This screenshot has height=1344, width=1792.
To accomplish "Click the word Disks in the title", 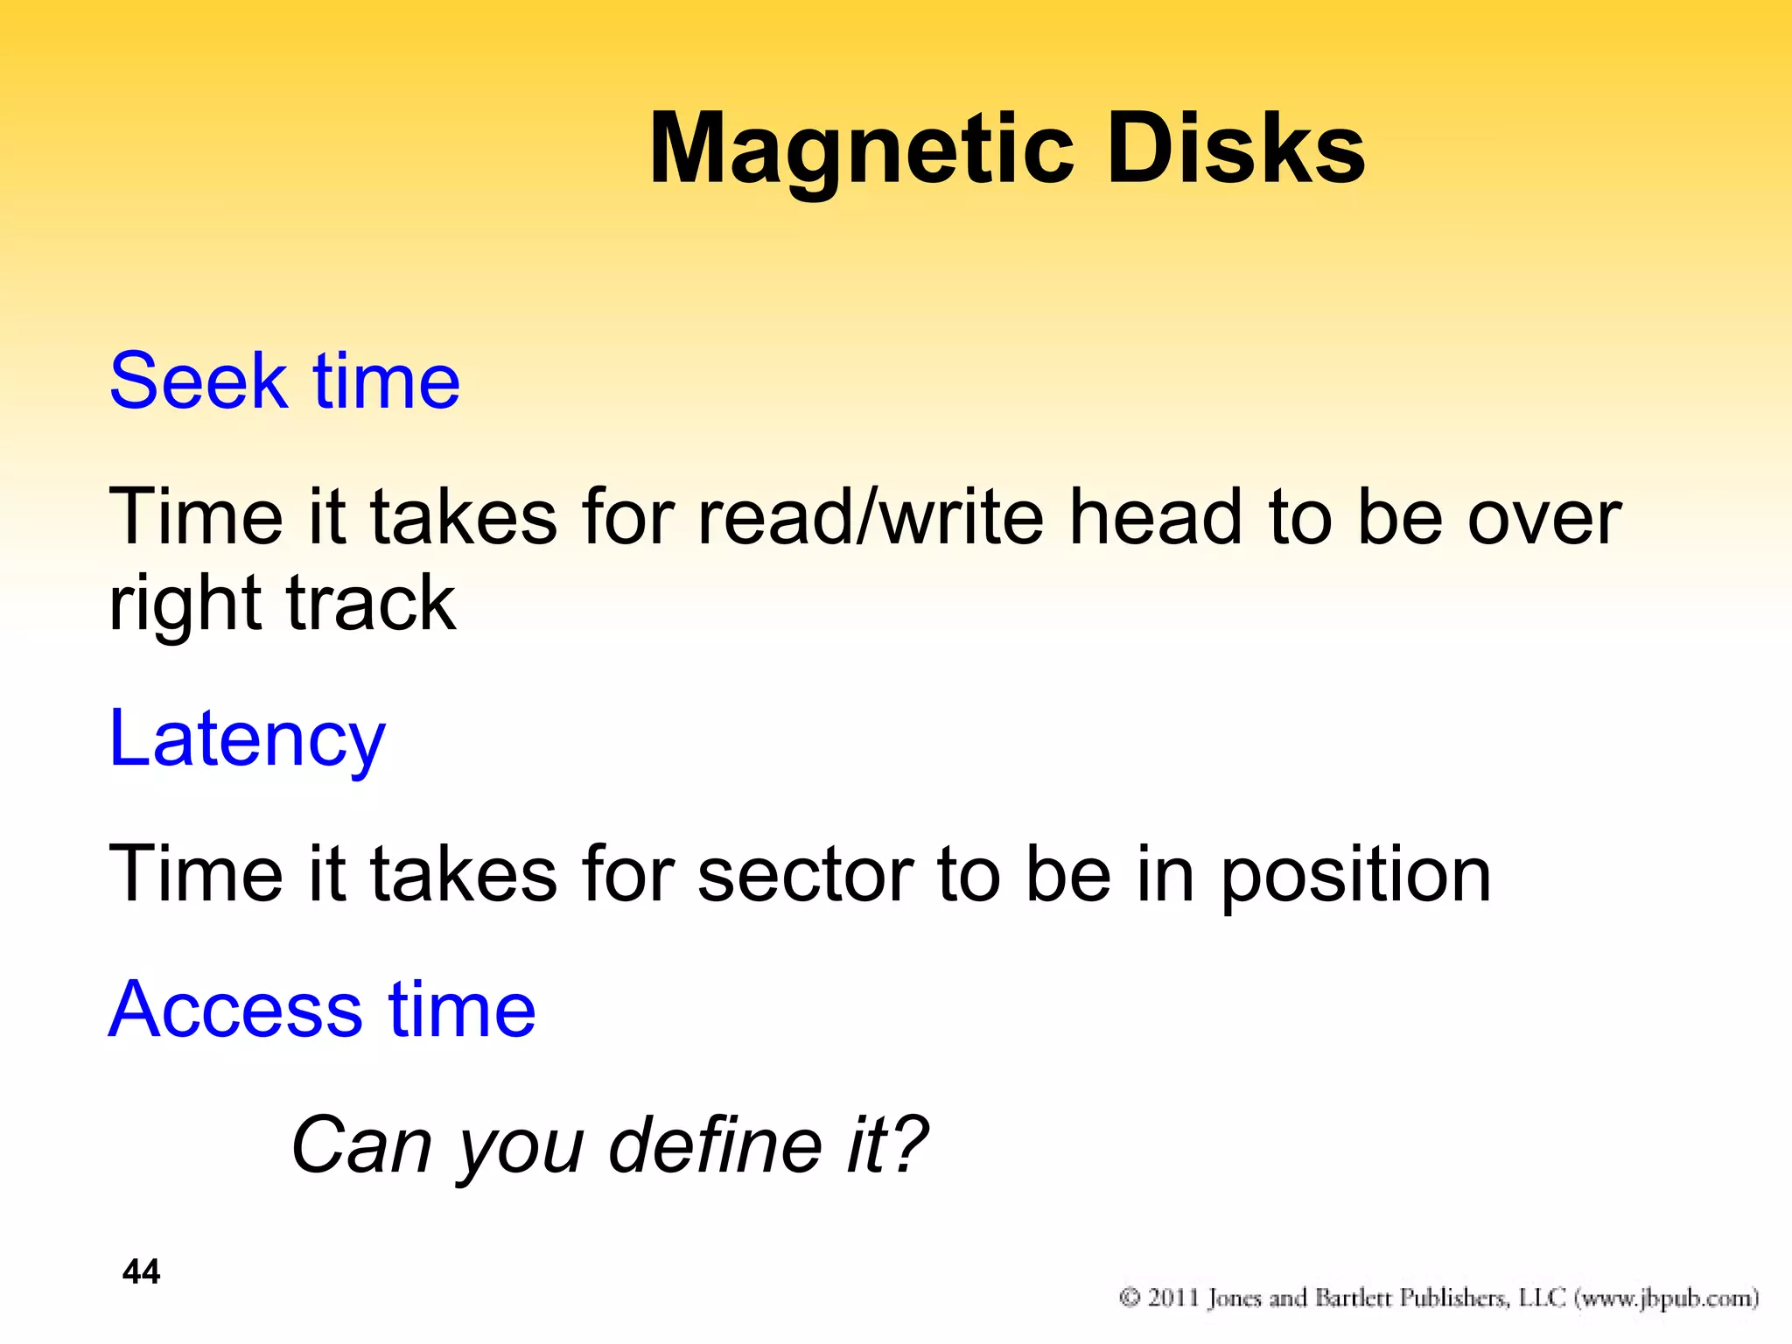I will [1235, 149].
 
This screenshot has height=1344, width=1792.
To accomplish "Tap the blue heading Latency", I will [247, 740].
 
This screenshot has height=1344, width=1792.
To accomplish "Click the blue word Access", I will [235, 1011].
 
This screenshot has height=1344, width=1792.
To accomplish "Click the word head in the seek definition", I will [1157, 518].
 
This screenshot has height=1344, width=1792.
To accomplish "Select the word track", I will [370, 604].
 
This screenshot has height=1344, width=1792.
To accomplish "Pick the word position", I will [1355, 876].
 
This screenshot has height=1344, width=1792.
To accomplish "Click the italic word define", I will [716, 1146].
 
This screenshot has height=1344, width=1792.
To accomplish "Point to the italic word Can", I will [361, 1146].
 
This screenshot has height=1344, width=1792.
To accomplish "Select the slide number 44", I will [141, 1272].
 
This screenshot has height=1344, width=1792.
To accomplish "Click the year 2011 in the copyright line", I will [1172, 1298].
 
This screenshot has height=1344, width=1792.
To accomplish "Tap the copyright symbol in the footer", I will [1130, 1298].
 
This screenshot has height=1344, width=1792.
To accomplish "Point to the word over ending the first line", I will [1544, 518].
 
